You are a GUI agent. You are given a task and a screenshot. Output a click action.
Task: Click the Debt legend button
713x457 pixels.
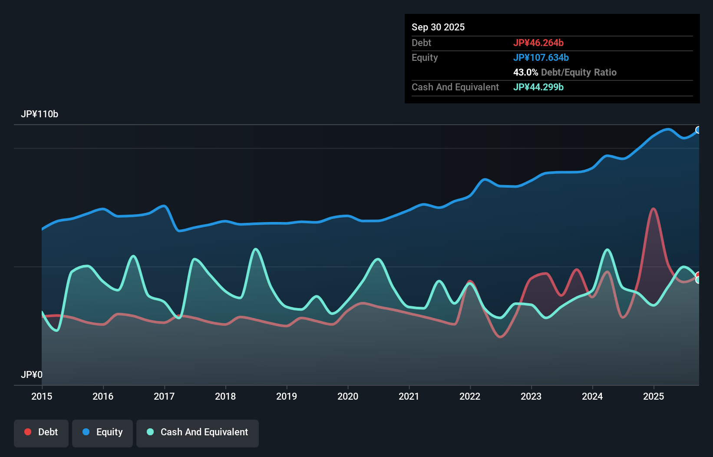(x=41, y=433)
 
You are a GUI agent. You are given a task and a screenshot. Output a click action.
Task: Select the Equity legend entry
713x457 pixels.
(x=102, y=433)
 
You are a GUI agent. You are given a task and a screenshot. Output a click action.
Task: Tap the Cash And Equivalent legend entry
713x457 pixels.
(x=198, y=433)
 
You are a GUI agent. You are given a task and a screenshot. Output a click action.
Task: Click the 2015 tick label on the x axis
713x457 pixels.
(x=42, y=397)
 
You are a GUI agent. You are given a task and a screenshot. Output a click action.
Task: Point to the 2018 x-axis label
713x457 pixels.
(x=225, y=397)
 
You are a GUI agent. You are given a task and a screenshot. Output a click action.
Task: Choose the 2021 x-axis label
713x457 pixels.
(x=409, y=397)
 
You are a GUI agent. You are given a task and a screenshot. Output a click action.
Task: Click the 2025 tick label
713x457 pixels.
(x=654, y=397)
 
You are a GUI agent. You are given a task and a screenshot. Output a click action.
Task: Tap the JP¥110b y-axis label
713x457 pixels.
(x=40, y=114)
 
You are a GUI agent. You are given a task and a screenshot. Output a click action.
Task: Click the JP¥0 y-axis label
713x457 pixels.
(x=32, y=375)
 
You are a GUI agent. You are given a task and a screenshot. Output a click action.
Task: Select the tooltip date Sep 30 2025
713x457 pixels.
(x=438, y=27)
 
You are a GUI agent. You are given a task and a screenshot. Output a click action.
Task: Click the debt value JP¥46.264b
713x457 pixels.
(x=538, y=43)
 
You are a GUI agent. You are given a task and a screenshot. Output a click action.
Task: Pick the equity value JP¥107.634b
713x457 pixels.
(x=541, y=58)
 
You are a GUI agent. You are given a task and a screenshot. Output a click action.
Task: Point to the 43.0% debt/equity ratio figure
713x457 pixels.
(x=525, y=73)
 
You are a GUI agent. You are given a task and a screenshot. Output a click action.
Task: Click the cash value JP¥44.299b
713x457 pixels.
(x=538, y=87)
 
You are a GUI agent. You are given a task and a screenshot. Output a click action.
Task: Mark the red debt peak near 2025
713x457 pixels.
(x=654, y=209)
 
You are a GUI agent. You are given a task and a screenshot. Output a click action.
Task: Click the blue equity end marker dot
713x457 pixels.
(x=698, y=130)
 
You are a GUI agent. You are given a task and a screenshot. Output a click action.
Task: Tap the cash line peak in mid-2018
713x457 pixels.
(x=256, y=249)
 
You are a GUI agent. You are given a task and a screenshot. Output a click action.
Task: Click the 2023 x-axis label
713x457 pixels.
(x=531, y=397)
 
